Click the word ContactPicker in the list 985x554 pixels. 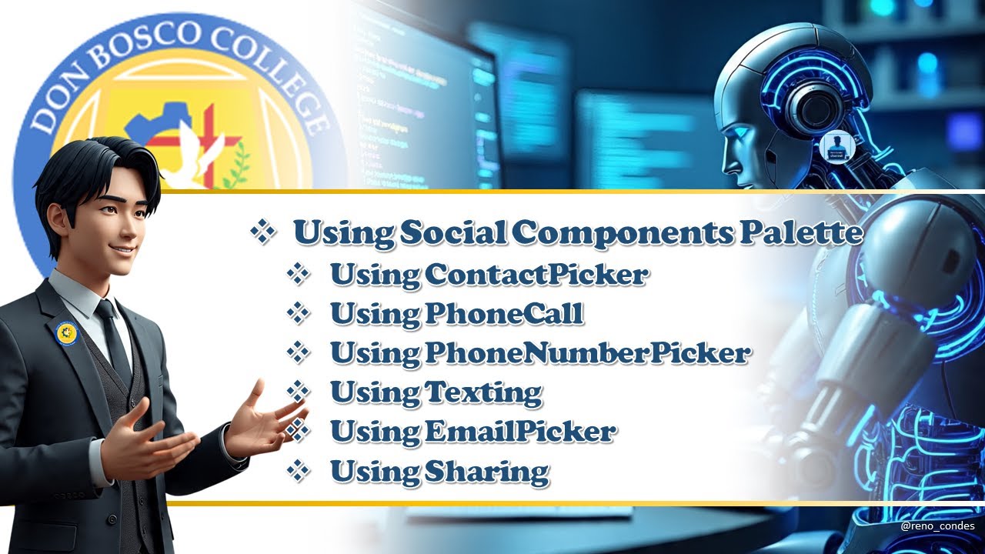[x=535, y=274]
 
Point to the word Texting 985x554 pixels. [x=483, y=392]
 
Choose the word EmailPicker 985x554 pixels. [x=519, y=432]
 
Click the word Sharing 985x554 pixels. [x=486, y=471]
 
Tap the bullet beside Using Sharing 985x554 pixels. [x=298, y=471]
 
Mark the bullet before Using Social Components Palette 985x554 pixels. [x=263, y=233]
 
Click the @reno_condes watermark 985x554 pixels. [x=937, y=526]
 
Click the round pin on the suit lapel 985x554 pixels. [x=67, y=332]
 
